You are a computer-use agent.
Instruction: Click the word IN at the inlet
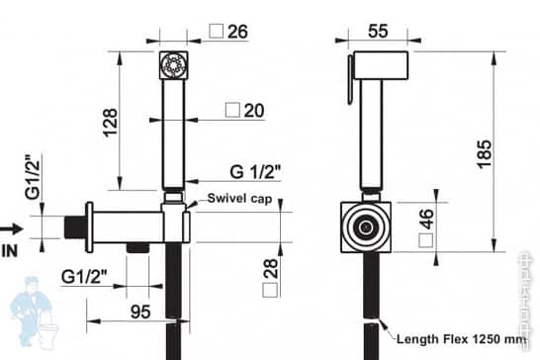[x=11, y=250]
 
